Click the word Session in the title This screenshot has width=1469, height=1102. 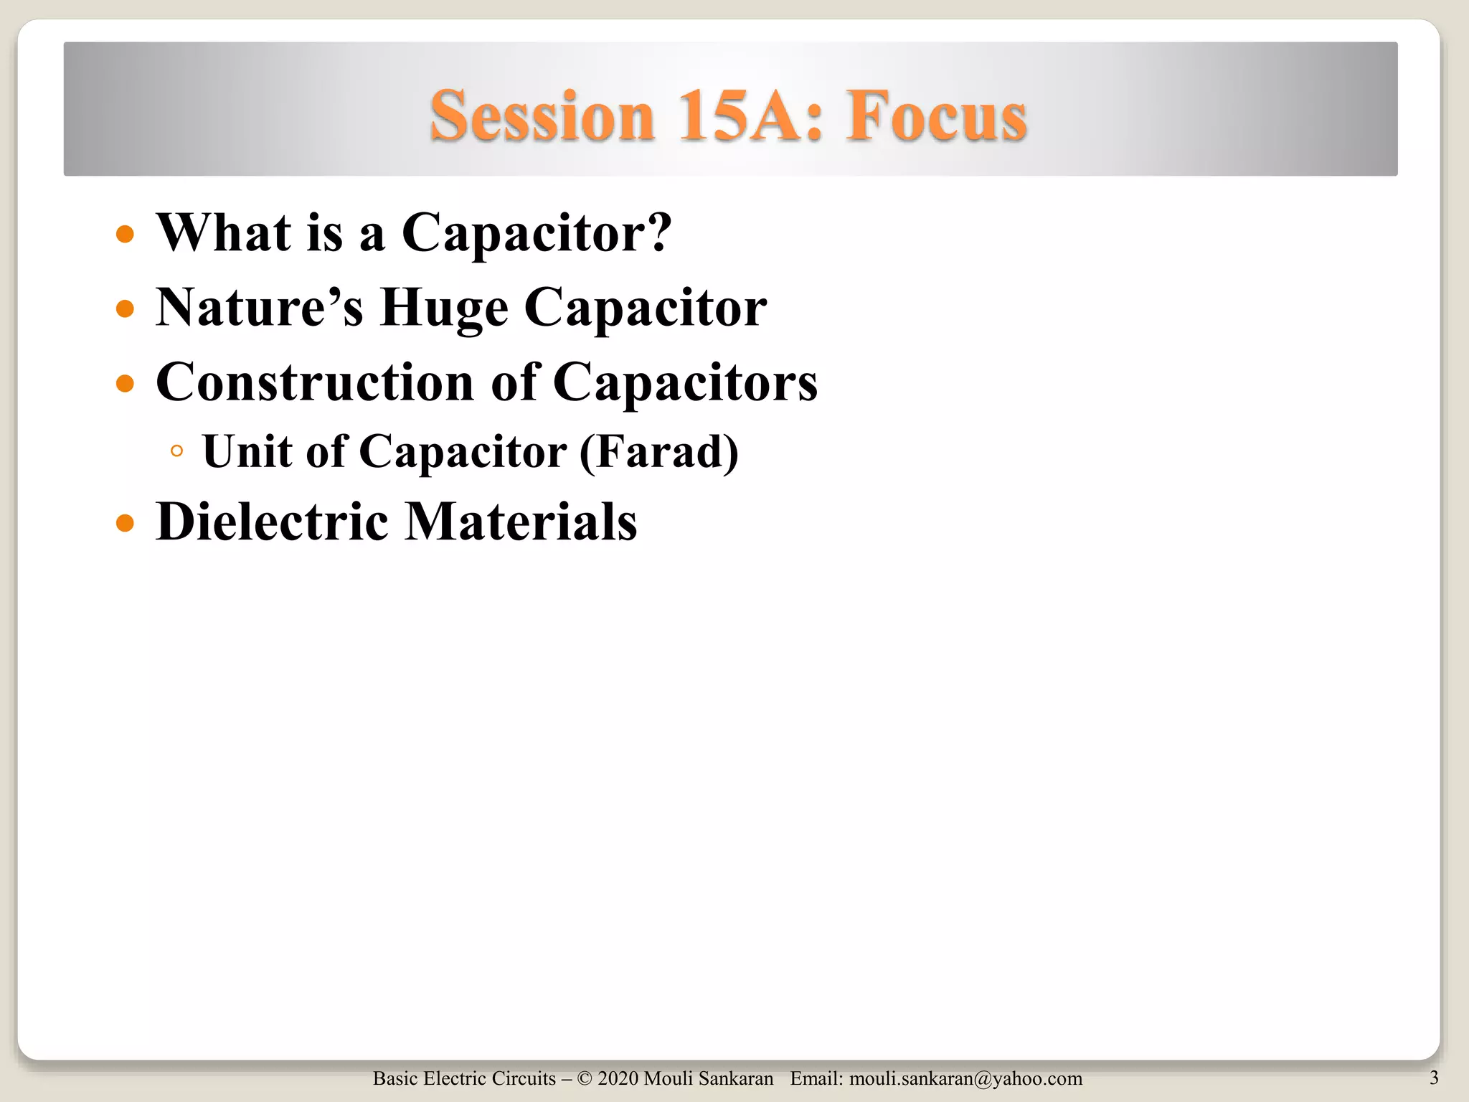(542, 116)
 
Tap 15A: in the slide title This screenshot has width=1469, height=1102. (750, 116)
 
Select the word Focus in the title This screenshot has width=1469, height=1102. (936, 116)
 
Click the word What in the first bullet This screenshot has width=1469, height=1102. (224, 232)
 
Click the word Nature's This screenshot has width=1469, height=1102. (259, 308)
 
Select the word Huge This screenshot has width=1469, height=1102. (444, 309)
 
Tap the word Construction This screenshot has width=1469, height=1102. (315, 382)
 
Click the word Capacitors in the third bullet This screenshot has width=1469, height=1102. (685, 382)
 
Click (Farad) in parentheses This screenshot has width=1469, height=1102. (658, 452)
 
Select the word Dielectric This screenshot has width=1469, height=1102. (272, 522)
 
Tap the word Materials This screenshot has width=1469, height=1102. (521, 522)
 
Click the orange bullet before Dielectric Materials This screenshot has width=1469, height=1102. (125, 523)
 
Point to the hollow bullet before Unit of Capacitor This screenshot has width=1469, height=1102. (176, 451)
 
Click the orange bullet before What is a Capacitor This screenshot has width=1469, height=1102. (125, 234)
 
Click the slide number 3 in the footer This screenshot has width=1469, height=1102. (1433, 1078)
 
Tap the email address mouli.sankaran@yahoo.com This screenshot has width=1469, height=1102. (965, 1079)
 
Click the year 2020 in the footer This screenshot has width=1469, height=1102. (618, 1079)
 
